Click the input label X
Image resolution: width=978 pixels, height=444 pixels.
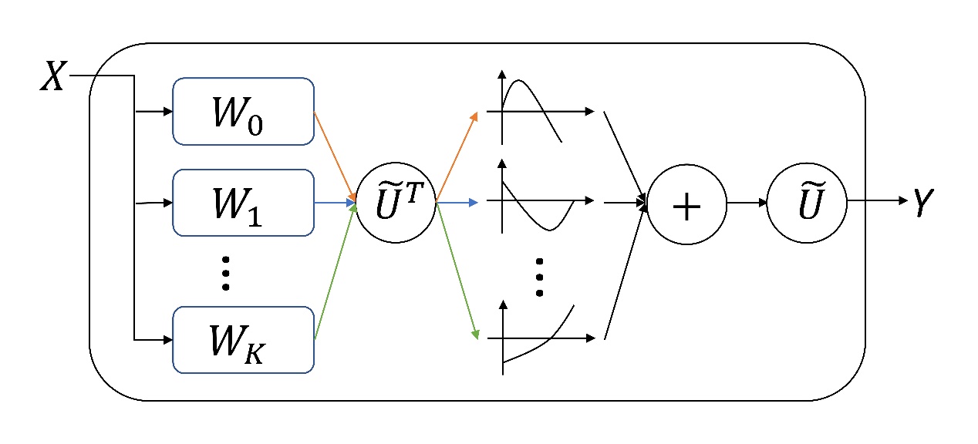coord(52,78)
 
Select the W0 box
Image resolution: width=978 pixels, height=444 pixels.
coord(243,111)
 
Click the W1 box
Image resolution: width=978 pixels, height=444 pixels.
coord(243,203)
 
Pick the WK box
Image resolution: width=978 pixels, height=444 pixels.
coord(243,339)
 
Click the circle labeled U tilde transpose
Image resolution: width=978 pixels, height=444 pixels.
coord(396,203)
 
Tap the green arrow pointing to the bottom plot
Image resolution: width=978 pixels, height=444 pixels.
coord(457,270)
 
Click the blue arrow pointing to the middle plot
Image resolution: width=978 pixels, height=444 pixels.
coord(457,203)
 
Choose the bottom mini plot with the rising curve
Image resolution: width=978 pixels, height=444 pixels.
coord(540,338)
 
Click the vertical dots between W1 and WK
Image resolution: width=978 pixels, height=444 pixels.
coord(225,271)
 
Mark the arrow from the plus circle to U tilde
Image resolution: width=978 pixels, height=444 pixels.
coord(747,203)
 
